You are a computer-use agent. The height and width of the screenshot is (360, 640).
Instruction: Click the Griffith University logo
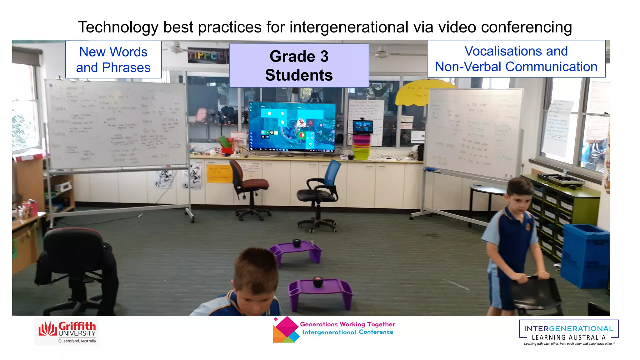tap(67, 332)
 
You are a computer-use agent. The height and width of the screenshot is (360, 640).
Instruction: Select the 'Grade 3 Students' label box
tap(299, 66)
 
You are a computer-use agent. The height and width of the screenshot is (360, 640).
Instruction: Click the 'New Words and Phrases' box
tap(113, 60)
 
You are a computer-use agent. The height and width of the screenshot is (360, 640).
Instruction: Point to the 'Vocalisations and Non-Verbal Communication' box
tap(516, 59)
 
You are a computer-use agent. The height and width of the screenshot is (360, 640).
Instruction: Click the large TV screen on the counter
tap(292, 127)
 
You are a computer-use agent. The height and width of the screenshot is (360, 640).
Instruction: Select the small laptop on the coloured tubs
tap(363, 127)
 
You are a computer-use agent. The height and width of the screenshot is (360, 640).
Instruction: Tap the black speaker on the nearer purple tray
tap(318, 282)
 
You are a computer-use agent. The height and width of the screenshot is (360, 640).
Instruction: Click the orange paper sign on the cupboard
tap(219, 174)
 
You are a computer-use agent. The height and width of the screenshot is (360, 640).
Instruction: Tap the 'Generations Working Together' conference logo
tap(333, 329)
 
